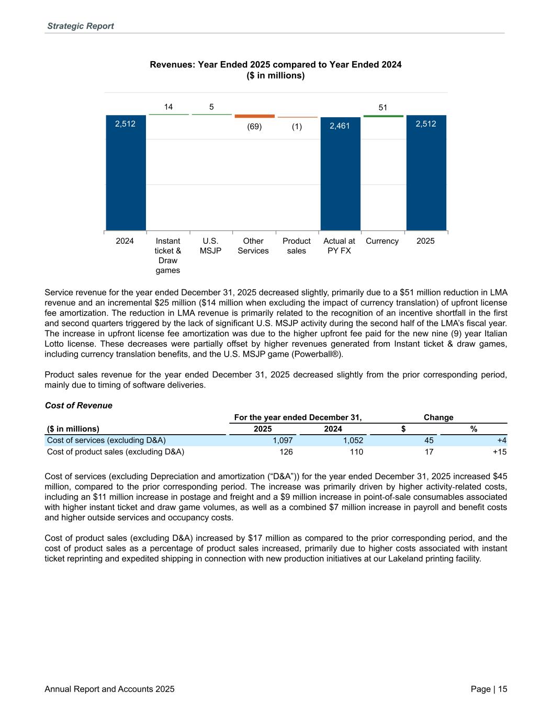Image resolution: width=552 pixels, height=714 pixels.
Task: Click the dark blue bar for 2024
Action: tap(126, 173)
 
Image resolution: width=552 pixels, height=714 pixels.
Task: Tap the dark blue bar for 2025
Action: tap(426, 173)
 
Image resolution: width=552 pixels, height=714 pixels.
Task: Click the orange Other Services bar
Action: tap(254, 116)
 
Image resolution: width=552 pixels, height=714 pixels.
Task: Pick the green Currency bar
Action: tap(383, 116)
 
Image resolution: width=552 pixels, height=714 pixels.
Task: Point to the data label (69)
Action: tap(254, 127)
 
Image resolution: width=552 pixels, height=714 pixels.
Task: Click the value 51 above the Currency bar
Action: tap(383, 107)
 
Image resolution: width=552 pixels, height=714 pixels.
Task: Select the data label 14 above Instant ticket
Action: tap(168, 107)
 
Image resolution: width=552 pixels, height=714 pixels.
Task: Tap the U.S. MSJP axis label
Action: tap(210, 246)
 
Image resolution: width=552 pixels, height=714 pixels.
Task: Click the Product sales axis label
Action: tap(297, 246)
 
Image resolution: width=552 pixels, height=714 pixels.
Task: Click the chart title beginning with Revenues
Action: tap(276, 65)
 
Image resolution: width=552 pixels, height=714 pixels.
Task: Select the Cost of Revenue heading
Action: tap(78, 405)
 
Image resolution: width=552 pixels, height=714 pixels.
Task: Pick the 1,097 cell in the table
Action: tap(283, 440)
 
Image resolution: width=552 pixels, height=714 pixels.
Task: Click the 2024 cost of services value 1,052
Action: tap(353, 440)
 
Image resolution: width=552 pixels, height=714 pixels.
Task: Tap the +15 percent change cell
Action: tap(499, 452)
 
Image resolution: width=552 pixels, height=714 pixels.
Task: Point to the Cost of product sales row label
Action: tap(116, 452)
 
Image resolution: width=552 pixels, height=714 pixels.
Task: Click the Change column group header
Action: tap(438, 417)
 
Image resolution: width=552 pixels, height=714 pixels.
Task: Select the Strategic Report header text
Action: tap(80, 26)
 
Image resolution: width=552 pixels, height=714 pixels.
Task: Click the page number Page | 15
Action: tap(489, 689)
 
